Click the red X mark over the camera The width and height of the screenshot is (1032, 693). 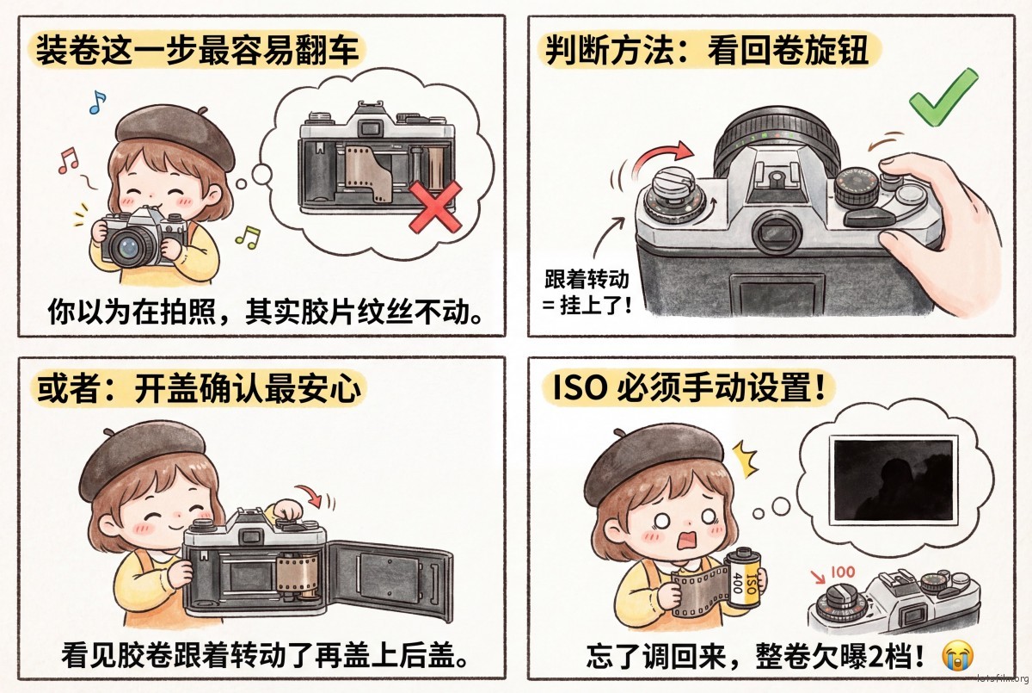[x=435, y=207]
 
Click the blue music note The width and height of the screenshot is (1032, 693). [x=97, y=102]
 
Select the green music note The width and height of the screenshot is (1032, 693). [x=249, y=237]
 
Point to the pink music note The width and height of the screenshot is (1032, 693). [x=68, y=160]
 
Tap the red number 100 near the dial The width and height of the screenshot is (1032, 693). [x=843, y=572]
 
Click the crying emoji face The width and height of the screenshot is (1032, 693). [x=958, y=656]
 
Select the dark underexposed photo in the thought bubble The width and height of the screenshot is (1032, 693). [x=894, y=480]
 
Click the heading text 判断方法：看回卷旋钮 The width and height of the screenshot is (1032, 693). [x=707, y=50]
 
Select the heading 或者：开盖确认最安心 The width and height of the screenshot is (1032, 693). [x=199, y=389]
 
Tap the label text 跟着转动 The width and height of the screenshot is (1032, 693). [x=587, y=279]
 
